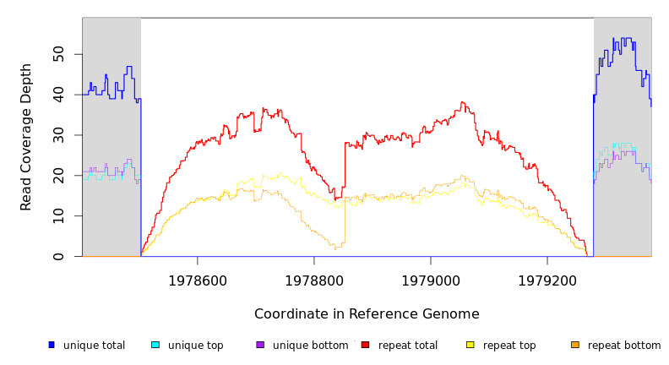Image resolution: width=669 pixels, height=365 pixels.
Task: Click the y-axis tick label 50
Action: coord(57,54)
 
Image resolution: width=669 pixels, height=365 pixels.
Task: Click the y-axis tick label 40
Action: coord(57,95)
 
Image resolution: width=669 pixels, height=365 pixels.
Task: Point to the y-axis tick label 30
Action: coord(57,135)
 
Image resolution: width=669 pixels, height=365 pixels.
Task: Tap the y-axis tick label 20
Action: coord(57,176)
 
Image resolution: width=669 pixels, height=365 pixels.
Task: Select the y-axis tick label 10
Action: coord(57,216)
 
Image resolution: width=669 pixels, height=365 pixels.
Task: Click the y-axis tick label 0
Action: coord(57,257)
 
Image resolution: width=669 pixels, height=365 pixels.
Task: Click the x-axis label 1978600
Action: coord(198,280)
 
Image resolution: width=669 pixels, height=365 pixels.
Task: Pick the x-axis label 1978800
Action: coord(314,280)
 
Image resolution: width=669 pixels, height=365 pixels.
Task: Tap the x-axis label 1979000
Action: coord(431,280)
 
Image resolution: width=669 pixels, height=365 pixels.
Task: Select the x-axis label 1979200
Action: coord(547,280)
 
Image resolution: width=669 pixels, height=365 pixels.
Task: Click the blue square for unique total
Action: coord(52,345)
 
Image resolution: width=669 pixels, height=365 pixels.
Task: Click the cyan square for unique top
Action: coord(155,345)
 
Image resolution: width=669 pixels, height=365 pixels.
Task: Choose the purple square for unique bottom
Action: coord(260,345)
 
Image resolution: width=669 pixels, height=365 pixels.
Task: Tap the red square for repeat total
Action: coord(365,345)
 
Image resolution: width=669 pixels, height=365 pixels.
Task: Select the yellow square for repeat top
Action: coord(470,345)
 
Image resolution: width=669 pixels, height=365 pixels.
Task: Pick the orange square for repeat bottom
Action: coord(575,345)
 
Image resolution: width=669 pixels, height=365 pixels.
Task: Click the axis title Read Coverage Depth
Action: coord(27,137)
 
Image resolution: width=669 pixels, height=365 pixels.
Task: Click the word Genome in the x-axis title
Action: coord(453,314)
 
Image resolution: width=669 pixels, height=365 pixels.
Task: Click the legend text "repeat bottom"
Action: coord(624,346)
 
